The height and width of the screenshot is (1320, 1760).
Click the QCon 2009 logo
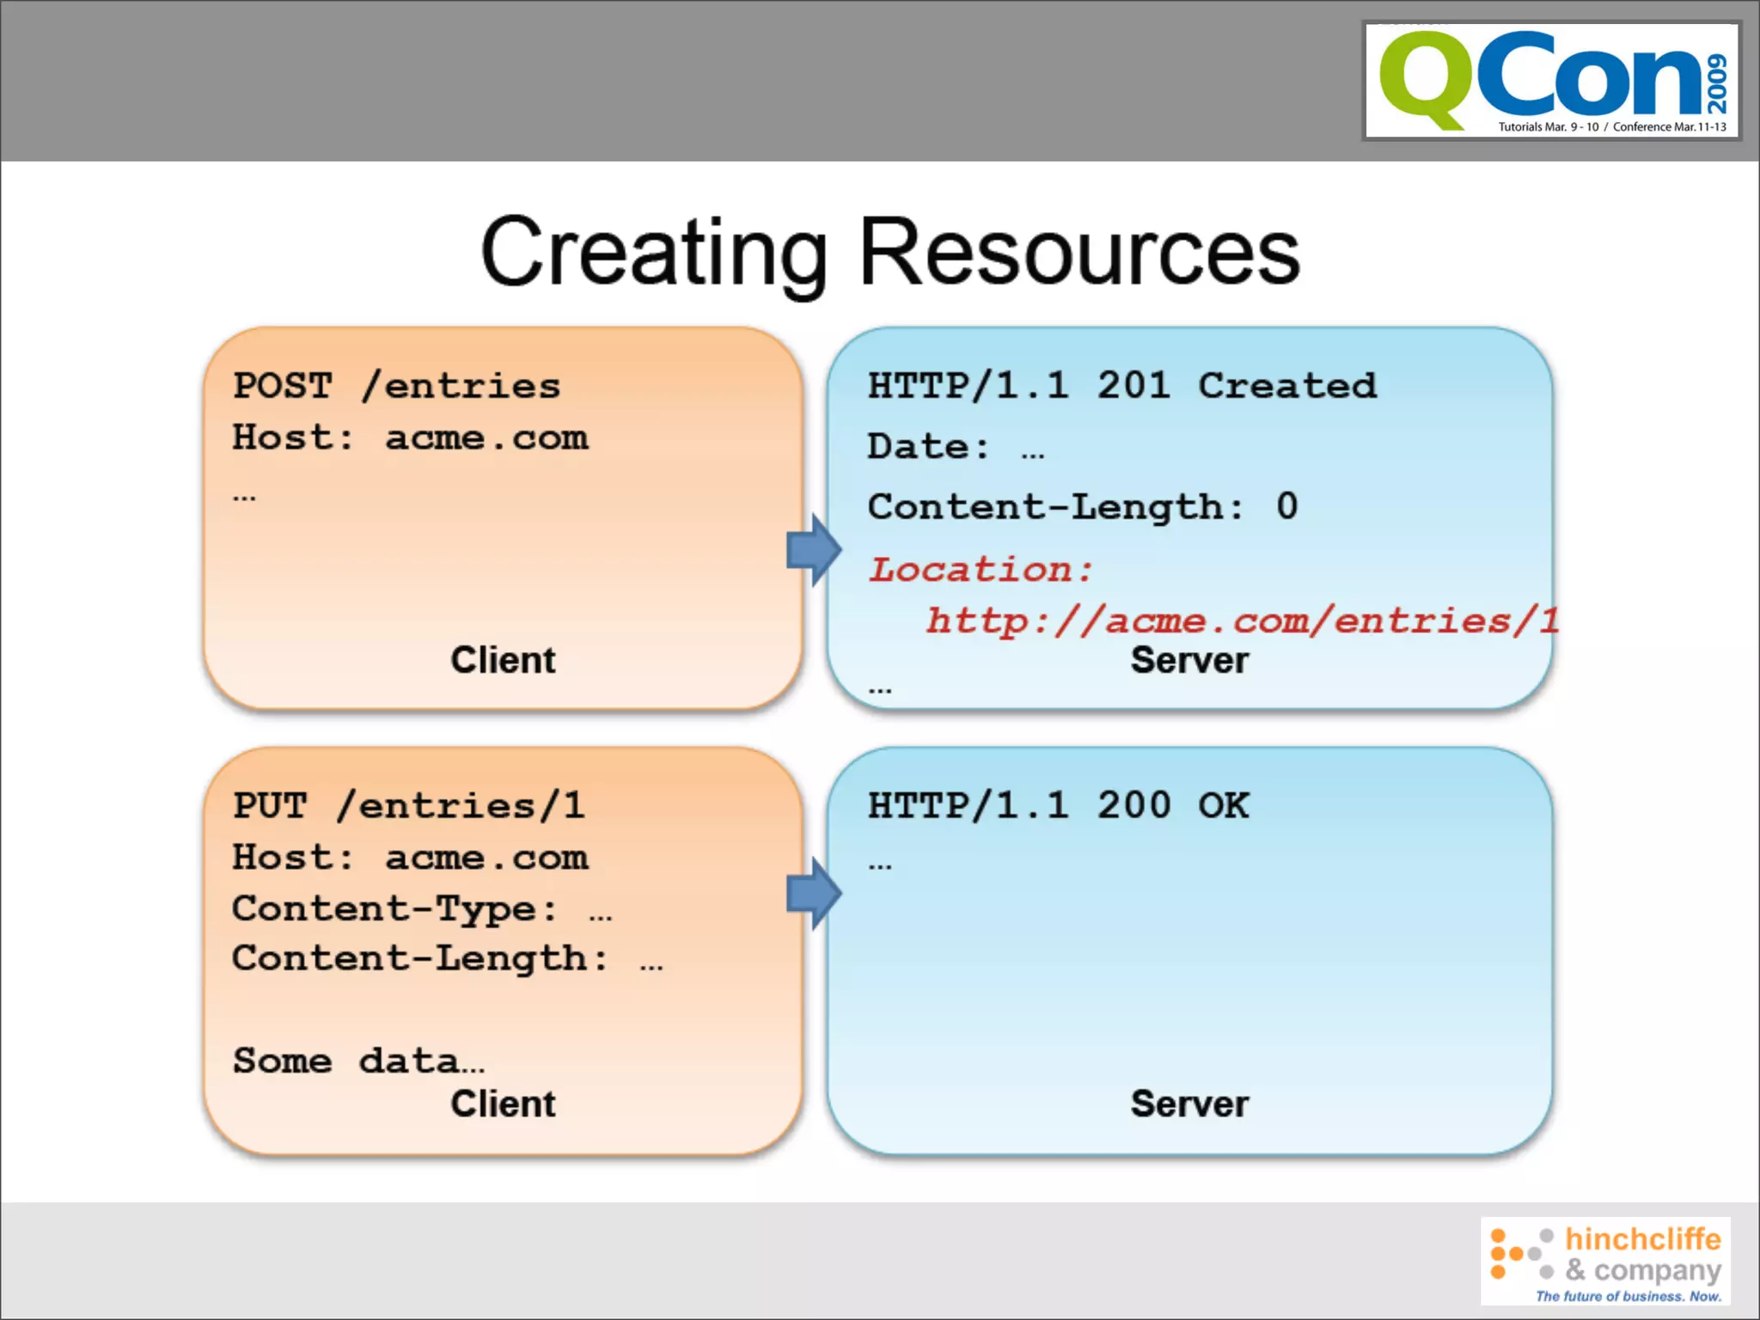coord(1552,81)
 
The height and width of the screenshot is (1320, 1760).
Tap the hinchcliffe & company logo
coord(1605,1260)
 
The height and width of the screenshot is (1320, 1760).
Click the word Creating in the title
coord(653,253)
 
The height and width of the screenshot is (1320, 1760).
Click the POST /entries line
coord(397,386)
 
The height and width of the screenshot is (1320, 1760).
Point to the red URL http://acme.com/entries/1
coord(1241,620)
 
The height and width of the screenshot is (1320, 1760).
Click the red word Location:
coord(981,569)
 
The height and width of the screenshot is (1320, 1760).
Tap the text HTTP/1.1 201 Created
coord(1121,386)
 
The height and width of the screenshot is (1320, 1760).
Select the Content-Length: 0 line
coord(1083,506)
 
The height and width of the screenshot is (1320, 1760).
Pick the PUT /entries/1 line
coord(409,806)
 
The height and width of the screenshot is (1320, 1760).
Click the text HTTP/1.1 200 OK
coord(1058,806)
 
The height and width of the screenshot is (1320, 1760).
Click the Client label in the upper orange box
coord(503,660)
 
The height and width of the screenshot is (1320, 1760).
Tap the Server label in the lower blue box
coord(1189,1103)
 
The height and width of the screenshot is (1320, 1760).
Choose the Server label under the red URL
coord(1189,660)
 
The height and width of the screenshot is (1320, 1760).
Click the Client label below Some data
coord(503,1103)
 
